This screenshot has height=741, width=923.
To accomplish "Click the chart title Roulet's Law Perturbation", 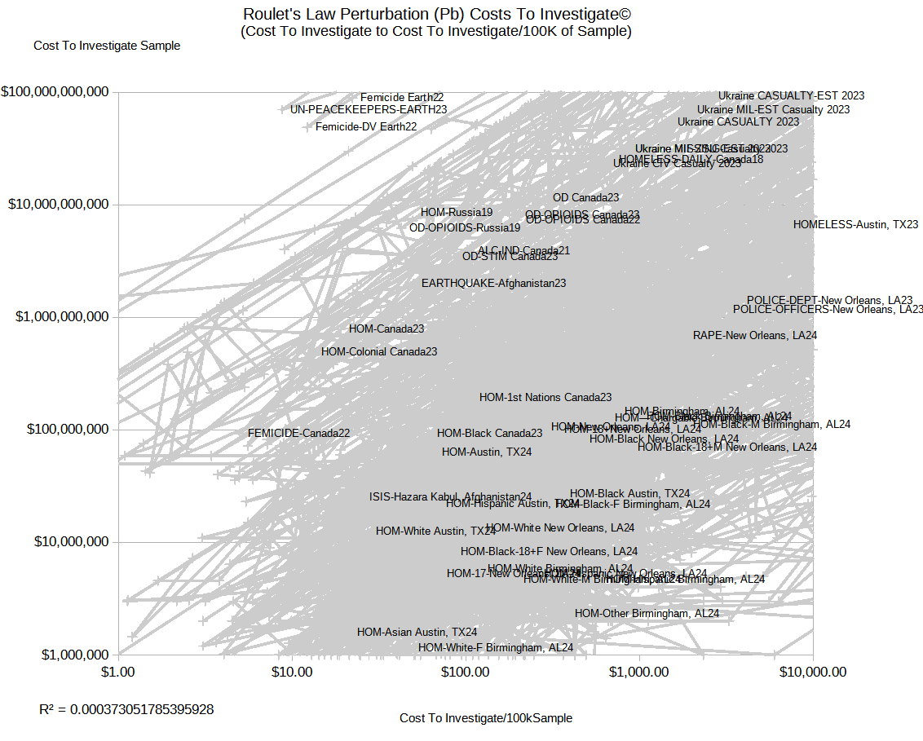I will (437, 15).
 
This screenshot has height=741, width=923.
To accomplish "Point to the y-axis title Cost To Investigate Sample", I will (107, 46).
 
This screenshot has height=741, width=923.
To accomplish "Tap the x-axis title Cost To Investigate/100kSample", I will (486, 718).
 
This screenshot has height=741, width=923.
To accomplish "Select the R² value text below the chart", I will (126, 709).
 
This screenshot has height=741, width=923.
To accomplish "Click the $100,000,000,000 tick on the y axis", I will (55, 92).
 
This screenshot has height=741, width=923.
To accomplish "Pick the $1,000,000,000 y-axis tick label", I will (62, 316).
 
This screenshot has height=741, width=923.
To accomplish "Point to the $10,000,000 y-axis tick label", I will (69, 541).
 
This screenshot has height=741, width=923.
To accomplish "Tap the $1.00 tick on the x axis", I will (119, 673).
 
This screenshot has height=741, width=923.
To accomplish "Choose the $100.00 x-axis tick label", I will (466, 673).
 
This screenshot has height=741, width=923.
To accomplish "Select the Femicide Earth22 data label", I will (402, 97).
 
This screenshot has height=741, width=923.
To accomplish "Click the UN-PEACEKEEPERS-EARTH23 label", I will (369, 108).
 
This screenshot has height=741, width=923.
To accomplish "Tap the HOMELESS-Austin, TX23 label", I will (855, 224).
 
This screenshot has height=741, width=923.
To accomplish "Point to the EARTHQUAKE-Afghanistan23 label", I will (493, 283).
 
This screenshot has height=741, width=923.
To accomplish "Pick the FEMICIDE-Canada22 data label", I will (298, 433).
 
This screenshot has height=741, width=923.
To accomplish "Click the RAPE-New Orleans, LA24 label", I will (754, 335).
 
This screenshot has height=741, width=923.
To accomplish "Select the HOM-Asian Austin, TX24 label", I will (417, 632).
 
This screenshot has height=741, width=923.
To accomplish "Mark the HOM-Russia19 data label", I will (457, 213).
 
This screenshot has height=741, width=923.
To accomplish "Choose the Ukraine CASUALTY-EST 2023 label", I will (791, 95).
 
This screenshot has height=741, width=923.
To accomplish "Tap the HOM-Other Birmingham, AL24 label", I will (647, 613).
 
